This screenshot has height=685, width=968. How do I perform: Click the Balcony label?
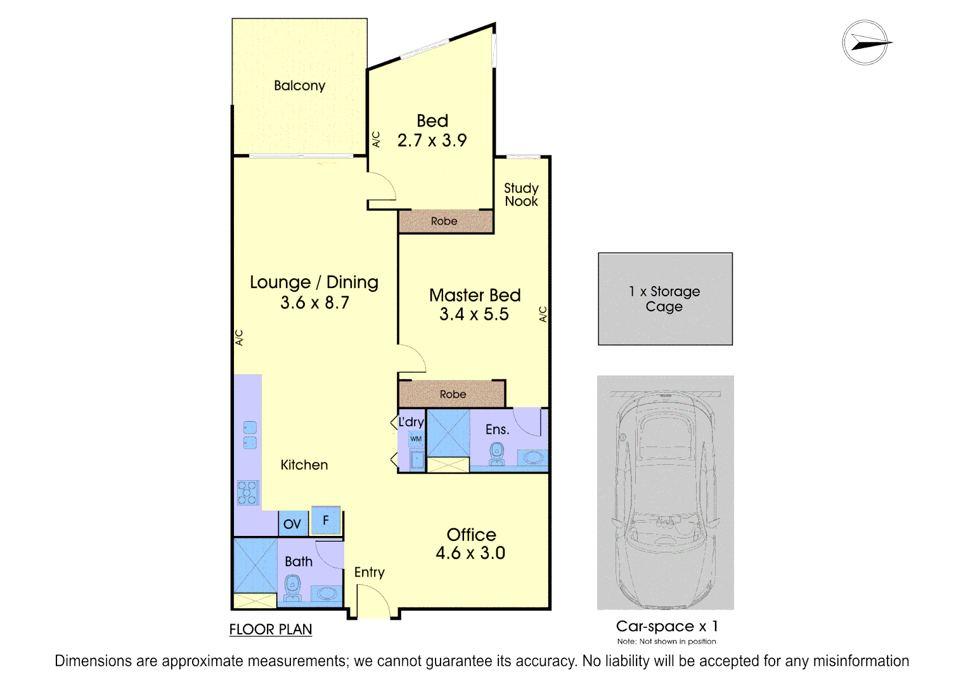pos(299,86)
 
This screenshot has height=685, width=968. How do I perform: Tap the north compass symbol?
pos(865,42)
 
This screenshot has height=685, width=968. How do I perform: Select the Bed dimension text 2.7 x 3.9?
pos(432,140)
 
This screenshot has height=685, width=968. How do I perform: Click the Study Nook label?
pos(521,195)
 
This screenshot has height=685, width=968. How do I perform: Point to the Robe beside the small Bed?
pos(444,221)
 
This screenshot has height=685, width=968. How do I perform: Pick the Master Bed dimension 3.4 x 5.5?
pos(474,315)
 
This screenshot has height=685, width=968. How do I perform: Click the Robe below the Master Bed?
pos(453,395)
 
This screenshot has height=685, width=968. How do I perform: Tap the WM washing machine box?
pos(416,439)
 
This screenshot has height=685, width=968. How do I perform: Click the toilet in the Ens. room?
pos(497,454)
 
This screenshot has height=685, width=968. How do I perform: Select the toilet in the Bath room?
pos(292,587)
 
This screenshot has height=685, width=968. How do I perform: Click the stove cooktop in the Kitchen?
pos(247,493)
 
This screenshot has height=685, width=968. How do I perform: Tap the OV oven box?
pos(292,524)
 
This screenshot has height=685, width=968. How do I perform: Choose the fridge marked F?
pos(326,521)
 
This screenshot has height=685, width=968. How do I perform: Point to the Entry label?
pos(370,572)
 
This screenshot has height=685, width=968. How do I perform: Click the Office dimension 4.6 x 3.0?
pos(470,553)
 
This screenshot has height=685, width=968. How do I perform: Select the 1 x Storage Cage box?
pos(665,299)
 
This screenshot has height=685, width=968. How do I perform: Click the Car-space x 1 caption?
pos(666,627)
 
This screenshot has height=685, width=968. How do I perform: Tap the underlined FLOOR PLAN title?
pos(271,630)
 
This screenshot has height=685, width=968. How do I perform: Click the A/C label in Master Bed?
pos(543,314)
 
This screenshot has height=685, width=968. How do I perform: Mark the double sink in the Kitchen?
pos(250,435)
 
